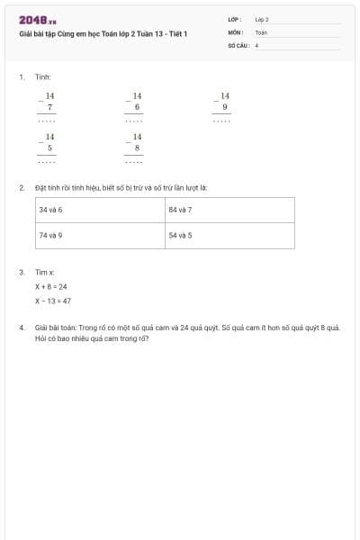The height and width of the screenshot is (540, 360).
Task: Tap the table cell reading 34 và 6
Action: (x=50, y=209)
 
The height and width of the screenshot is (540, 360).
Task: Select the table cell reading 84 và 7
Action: (x=180, y=209)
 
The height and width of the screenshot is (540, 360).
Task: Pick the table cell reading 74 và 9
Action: (x=50, y=235)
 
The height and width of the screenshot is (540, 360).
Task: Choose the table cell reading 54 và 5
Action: (x=180, y=235)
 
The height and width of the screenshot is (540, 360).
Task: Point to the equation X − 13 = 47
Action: (x=53, y=301)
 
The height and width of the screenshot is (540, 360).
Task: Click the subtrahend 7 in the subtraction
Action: (x=49, y=107)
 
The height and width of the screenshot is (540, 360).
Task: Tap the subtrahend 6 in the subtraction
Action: (x=137, y=107)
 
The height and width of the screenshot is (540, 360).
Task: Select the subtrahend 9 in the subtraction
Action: (x=224, y=107)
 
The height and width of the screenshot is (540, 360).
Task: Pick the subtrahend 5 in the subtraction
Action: (x=49, y=148)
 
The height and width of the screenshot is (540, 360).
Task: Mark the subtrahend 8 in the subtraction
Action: (x=137, y=148)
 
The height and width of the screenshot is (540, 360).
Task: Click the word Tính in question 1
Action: (x=42, y=78)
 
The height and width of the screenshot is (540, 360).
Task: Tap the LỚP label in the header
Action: (x=235, y=19)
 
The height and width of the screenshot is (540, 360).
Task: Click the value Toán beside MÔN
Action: (x=261, y=31)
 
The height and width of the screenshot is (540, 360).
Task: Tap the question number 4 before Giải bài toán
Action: (x=21, y=328)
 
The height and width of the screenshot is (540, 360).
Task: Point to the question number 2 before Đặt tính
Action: (x=21, y=188)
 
